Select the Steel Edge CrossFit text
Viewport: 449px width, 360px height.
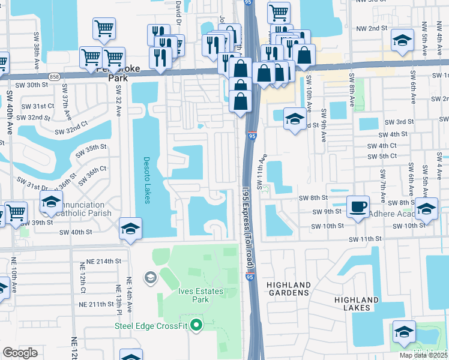click(151, 326)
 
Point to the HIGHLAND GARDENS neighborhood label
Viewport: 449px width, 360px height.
click(287, 289)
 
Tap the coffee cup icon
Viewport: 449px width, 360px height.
click(358, 207)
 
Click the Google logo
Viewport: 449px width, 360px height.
click(20, 352)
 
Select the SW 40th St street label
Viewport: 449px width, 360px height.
click(76, 232)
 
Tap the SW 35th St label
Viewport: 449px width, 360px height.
click(92, 146)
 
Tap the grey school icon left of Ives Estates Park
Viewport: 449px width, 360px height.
click(149, 277)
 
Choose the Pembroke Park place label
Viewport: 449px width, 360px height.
click(118, 73)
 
